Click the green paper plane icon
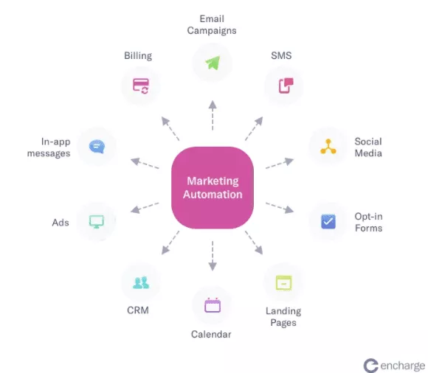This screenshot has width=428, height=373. point(213,63)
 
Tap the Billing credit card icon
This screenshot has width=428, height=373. point(141,86)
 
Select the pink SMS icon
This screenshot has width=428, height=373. point(286,86)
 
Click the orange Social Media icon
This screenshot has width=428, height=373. point(328,147)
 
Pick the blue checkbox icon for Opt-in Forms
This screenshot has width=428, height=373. point(328,221)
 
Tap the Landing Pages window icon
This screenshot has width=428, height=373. point(284,283)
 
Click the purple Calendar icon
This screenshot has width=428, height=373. point(213,305)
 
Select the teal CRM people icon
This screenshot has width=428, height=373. point(141,283)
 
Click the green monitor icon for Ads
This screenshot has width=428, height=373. point(97,221)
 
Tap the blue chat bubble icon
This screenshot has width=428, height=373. point(97,147)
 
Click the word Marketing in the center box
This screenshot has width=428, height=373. point(213,181)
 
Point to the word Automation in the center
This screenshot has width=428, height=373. point(213,195)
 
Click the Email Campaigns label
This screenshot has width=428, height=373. point(212,25)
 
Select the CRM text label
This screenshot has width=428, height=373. point(138,310)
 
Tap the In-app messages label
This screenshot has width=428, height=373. point(49,147)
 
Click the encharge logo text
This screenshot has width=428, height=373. point(403,366)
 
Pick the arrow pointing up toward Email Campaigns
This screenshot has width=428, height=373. point(213,115)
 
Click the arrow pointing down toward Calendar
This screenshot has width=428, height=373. point(213,256)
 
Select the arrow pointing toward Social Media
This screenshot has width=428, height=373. point(280,163)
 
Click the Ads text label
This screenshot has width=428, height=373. point(61,223)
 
